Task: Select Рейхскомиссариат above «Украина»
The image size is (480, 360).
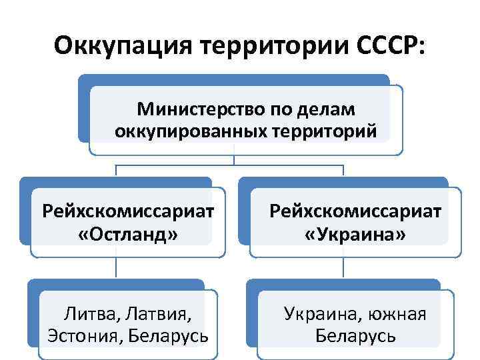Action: pyautogui.click(x=355, y=211)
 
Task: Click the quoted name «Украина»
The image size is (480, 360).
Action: pyautogui.click(x=355, y=235)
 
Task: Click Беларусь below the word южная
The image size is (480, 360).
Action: pyautogui.click(x=355, y=335)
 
